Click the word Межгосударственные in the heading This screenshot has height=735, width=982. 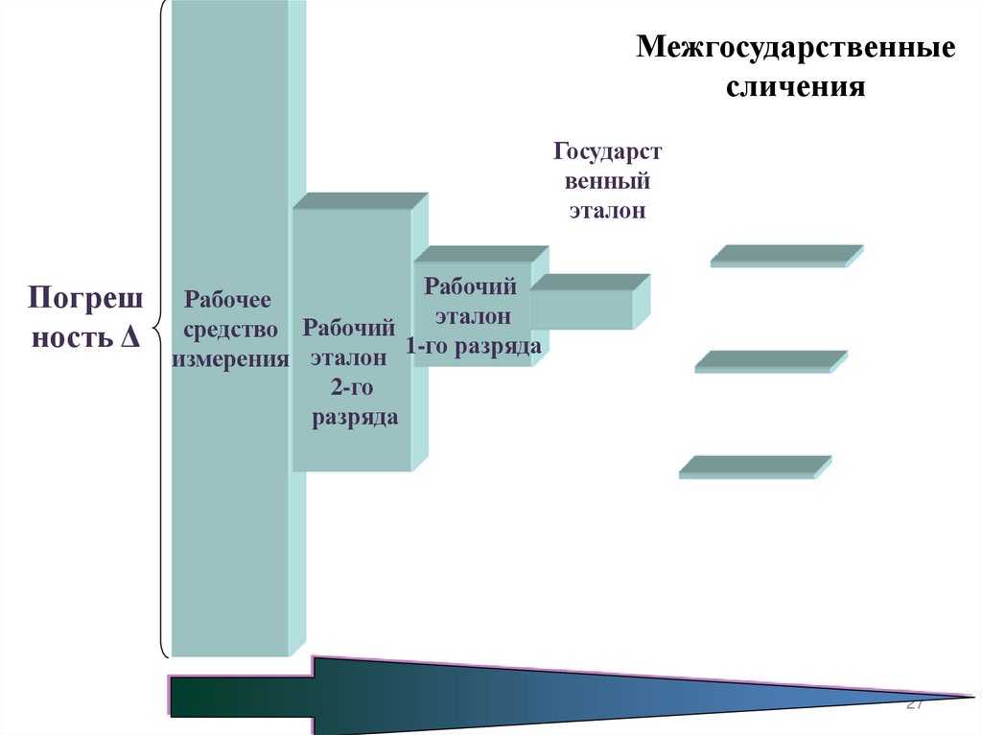pos(796,49)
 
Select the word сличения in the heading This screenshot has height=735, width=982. pos(796,88)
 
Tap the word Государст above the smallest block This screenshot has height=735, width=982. pos(607,152)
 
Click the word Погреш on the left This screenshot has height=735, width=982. pos(85,297)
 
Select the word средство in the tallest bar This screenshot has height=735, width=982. pos(231,331)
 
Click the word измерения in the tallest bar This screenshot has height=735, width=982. pos(231,360)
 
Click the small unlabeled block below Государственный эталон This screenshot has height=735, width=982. pos(582,309)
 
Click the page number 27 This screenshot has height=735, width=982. pos(913,704)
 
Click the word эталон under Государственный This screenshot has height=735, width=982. pos(606,211)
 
